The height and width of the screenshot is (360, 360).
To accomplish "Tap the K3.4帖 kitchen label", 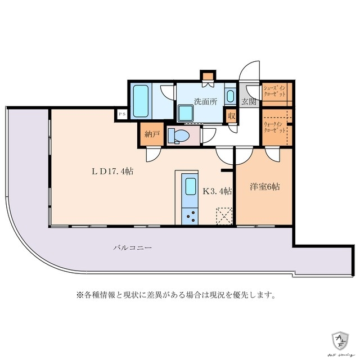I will pyautogui.click(x=217, y=191).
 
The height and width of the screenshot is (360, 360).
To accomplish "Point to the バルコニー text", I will pyautogui.click(x=132, y=247).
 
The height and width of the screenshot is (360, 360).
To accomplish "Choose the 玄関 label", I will pyautogui.click(x=249, y=102).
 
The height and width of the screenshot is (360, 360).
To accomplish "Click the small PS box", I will pyautogui.click(x=122, y=114).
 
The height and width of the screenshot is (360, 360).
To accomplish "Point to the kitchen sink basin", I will pyautogui.click(x=190, y=186).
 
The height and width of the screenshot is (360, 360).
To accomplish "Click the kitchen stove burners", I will pyautogui.click(x=190, y=215).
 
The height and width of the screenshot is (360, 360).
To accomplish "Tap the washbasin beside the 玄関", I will pyautogui.click(x=229, y=95).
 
